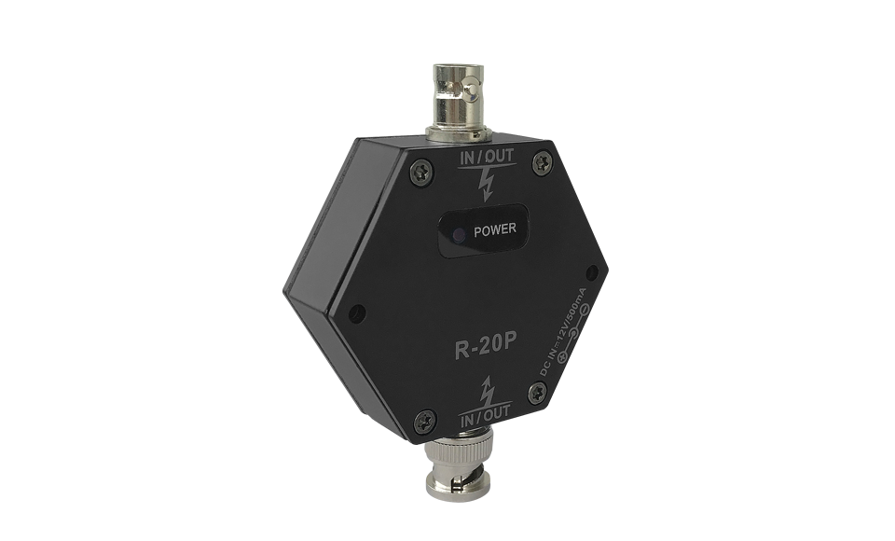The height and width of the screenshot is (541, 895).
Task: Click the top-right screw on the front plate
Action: pyautogui.click(x=542, y=164)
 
